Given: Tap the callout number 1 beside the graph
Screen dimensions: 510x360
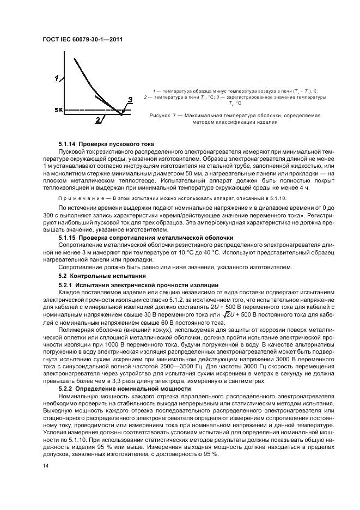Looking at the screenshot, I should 56,79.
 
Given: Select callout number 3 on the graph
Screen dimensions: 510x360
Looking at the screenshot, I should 130,100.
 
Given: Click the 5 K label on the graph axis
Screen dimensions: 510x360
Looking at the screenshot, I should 59,110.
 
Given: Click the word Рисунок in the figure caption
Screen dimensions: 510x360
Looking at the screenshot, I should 160,116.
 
